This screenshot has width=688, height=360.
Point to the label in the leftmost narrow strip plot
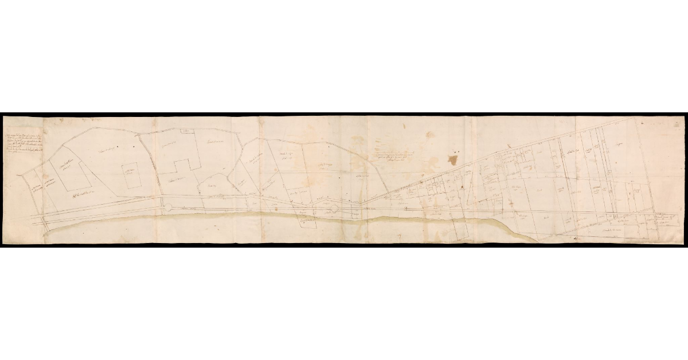coord(35,189)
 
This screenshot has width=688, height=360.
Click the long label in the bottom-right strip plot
coord(607,228)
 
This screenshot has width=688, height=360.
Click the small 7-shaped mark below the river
coord(399,236)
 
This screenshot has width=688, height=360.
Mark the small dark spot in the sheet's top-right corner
coord(644,123)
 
